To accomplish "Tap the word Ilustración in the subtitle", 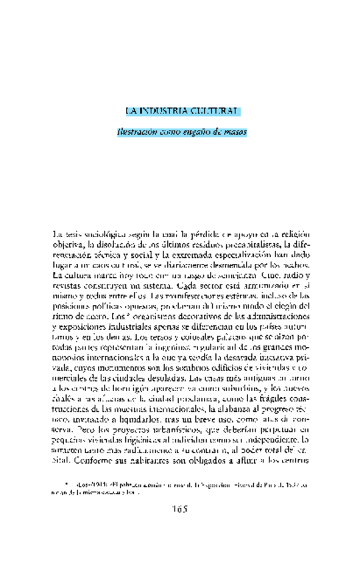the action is point(137,132).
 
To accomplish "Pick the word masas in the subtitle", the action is point(234,132).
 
